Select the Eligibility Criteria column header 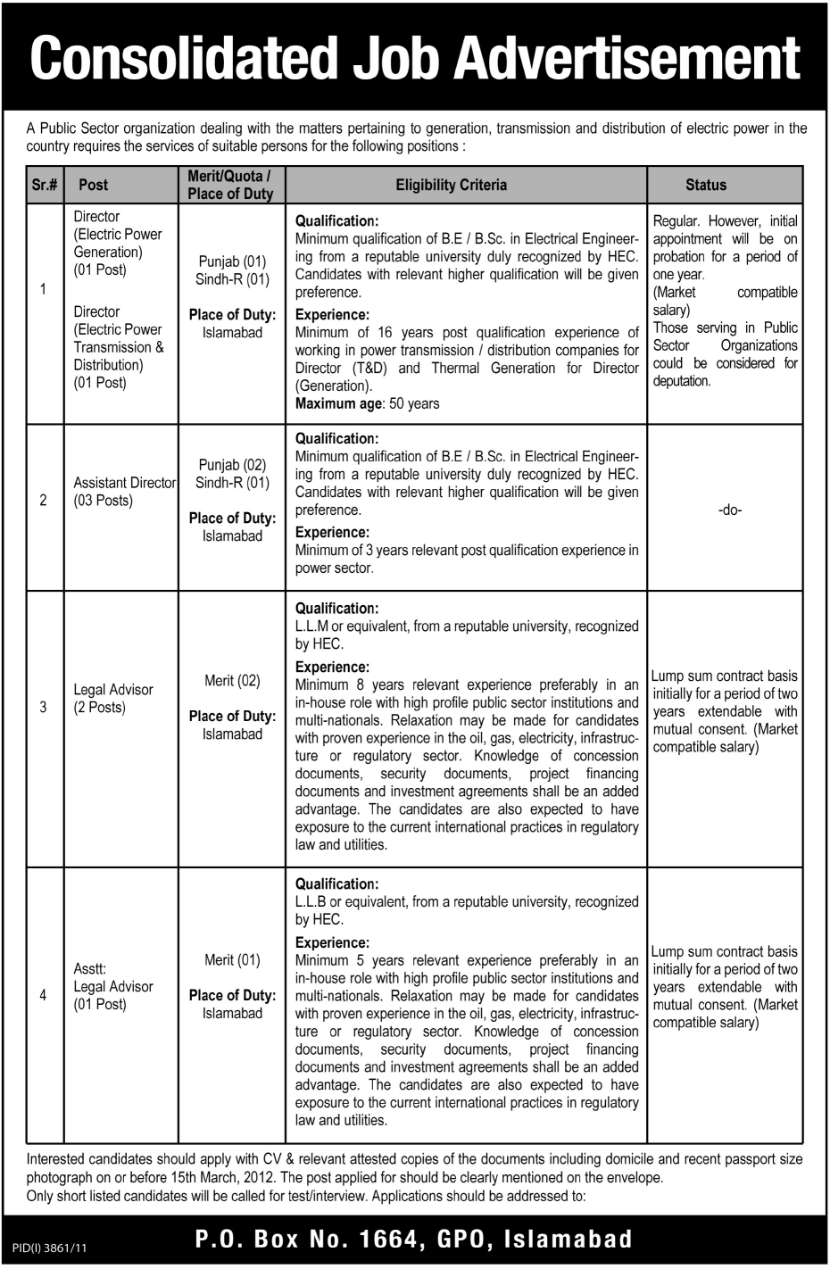451,185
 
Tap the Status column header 705,185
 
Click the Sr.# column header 44,185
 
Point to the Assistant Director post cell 123,492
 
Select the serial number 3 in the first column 43,708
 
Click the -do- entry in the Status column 730,511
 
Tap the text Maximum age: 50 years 367,403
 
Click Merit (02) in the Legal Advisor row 232,681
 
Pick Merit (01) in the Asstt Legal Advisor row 232,960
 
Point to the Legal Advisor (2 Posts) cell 112,699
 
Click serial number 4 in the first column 43,995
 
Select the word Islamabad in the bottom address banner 569,1239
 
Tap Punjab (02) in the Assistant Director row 232,465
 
